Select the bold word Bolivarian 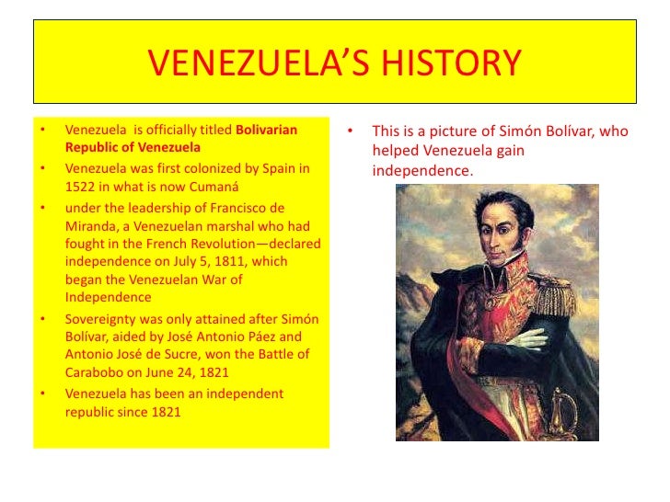coord(267,131)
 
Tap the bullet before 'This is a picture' coord(351,131)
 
